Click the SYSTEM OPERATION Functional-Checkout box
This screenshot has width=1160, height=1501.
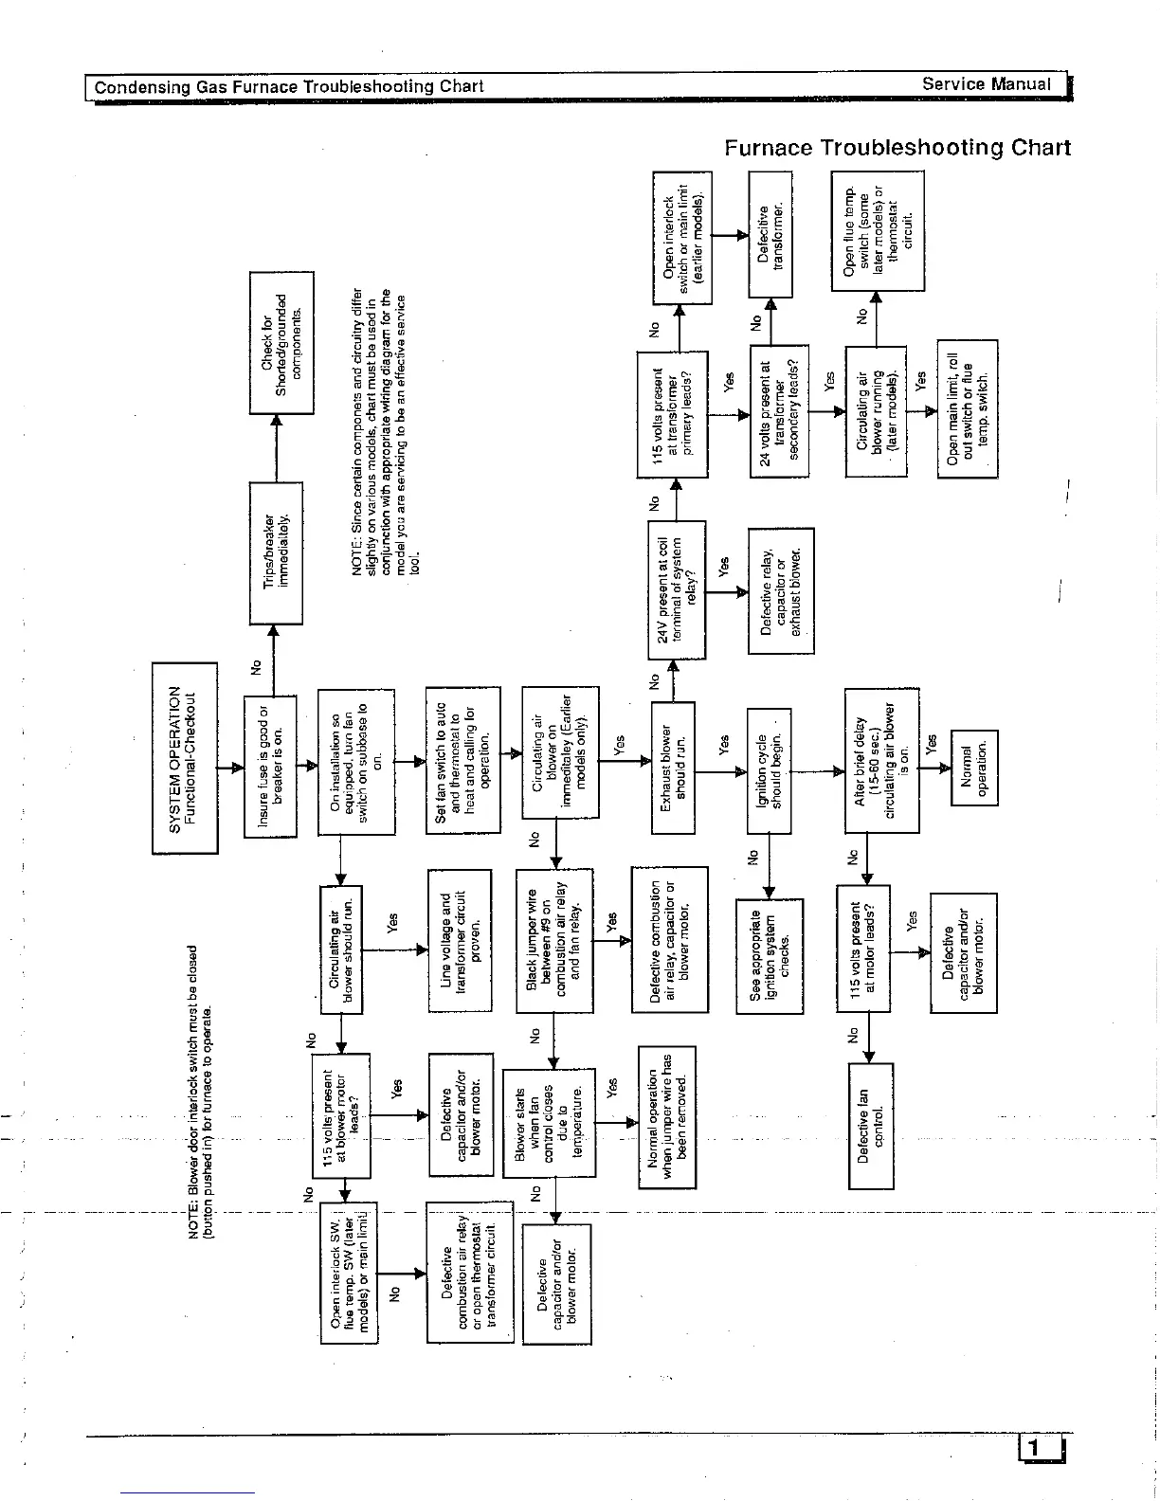[x=185, y=758]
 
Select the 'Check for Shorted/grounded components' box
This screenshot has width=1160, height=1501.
[x=281, y=342]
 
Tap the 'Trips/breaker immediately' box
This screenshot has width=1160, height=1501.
[x=276, y=552]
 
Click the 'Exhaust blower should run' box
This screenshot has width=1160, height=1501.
[x=673, y=768]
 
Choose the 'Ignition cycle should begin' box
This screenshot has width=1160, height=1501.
[x=769, y=769]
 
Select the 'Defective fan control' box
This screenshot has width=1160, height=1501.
[x=871, y=1125]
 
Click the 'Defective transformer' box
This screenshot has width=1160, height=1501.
[x=770, y=234]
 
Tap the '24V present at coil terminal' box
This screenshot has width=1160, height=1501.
[x=677, y=589]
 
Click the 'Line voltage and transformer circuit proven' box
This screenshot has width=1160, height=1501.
[x=460, y=940]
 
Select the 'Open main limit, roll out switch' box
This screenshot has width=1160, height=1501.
[x=967, y=408]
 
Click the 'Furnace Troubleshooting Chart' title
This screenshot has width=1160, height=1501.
[x=897, y=148]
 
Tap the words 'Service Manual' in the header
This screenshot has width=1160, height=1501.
[x=987, y=84]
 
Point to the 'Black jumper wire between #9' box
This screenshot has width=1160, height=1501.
[x=554, y=941]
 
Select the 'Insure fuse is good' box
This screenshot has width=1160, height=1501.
[x=271, y=766]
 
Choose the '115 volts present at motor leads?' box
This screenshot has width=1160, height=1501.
[x=863, y=949]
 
